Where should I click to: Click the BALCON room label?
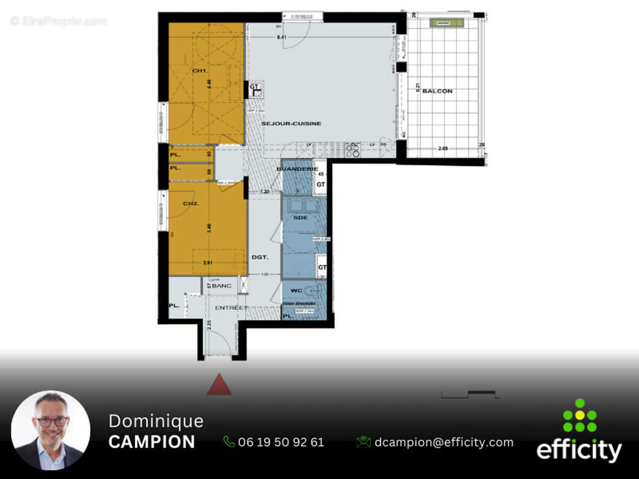pyautogui.click(x=437, y=91)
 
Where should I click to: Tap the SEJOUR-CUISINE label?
pyautogui.click(x=291, y=123)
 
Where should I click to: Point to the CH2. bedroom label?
pyautogui.click(x=190, y=203)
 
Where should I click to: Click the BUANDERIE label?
pyautogui.click(x=297, y=168)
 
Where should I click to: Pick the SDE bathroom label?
pyautogui.click(x=300, y=218)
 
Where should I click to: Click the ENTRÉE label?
pyautogui.click(x=230, y=308)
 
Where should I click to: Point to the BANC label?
pyautogui.click(x=222, y=286)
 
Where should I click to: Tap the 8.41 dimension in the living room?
pyautogui.click(x=282, y=37)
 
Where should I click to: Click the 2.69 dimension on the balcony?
pyautogui.click(x=444, y=148)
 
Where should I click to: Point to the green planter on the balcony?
pyautogui.click(x=447, y=23)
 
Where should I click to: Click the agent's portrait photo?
pyautogui.click(x=51, y=430)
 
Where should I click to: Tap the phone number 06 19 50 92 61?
pyautogui.click(x=281, y=442)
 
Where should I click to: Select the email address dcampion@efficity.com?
pyautogui.click(x=444, y=442)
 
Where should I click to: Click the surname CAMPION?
pyautogui.click(x=152, y=442)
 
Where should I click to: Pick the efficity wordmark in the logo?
pyautogui.click(x=579, y=450)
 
